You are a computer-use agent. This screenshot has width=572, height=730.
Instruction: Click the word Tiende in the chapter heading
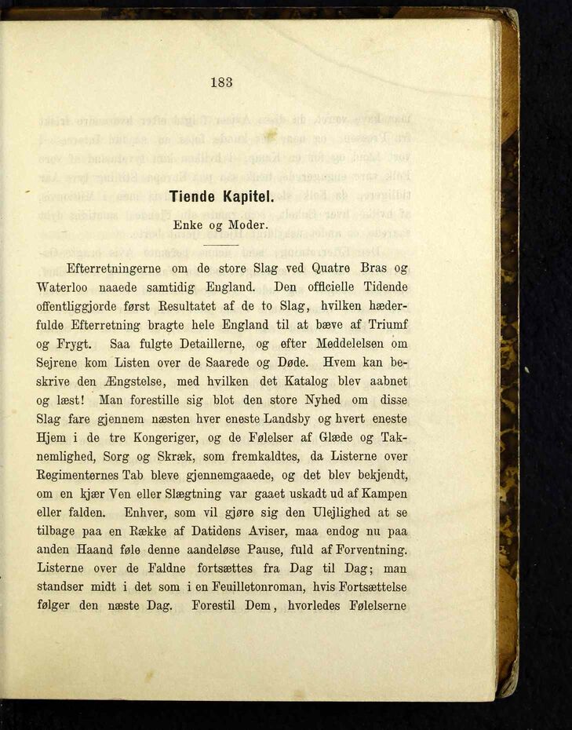pos(195,198)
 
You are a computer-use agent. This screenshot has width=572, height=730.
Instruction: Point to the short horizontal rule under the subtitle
pos(222,245)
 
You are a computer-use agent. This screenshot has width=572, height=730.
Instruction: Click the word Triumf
pos(386,324)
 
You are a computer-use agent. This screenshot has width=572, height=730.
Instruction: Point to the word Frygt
pos(76,343)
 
